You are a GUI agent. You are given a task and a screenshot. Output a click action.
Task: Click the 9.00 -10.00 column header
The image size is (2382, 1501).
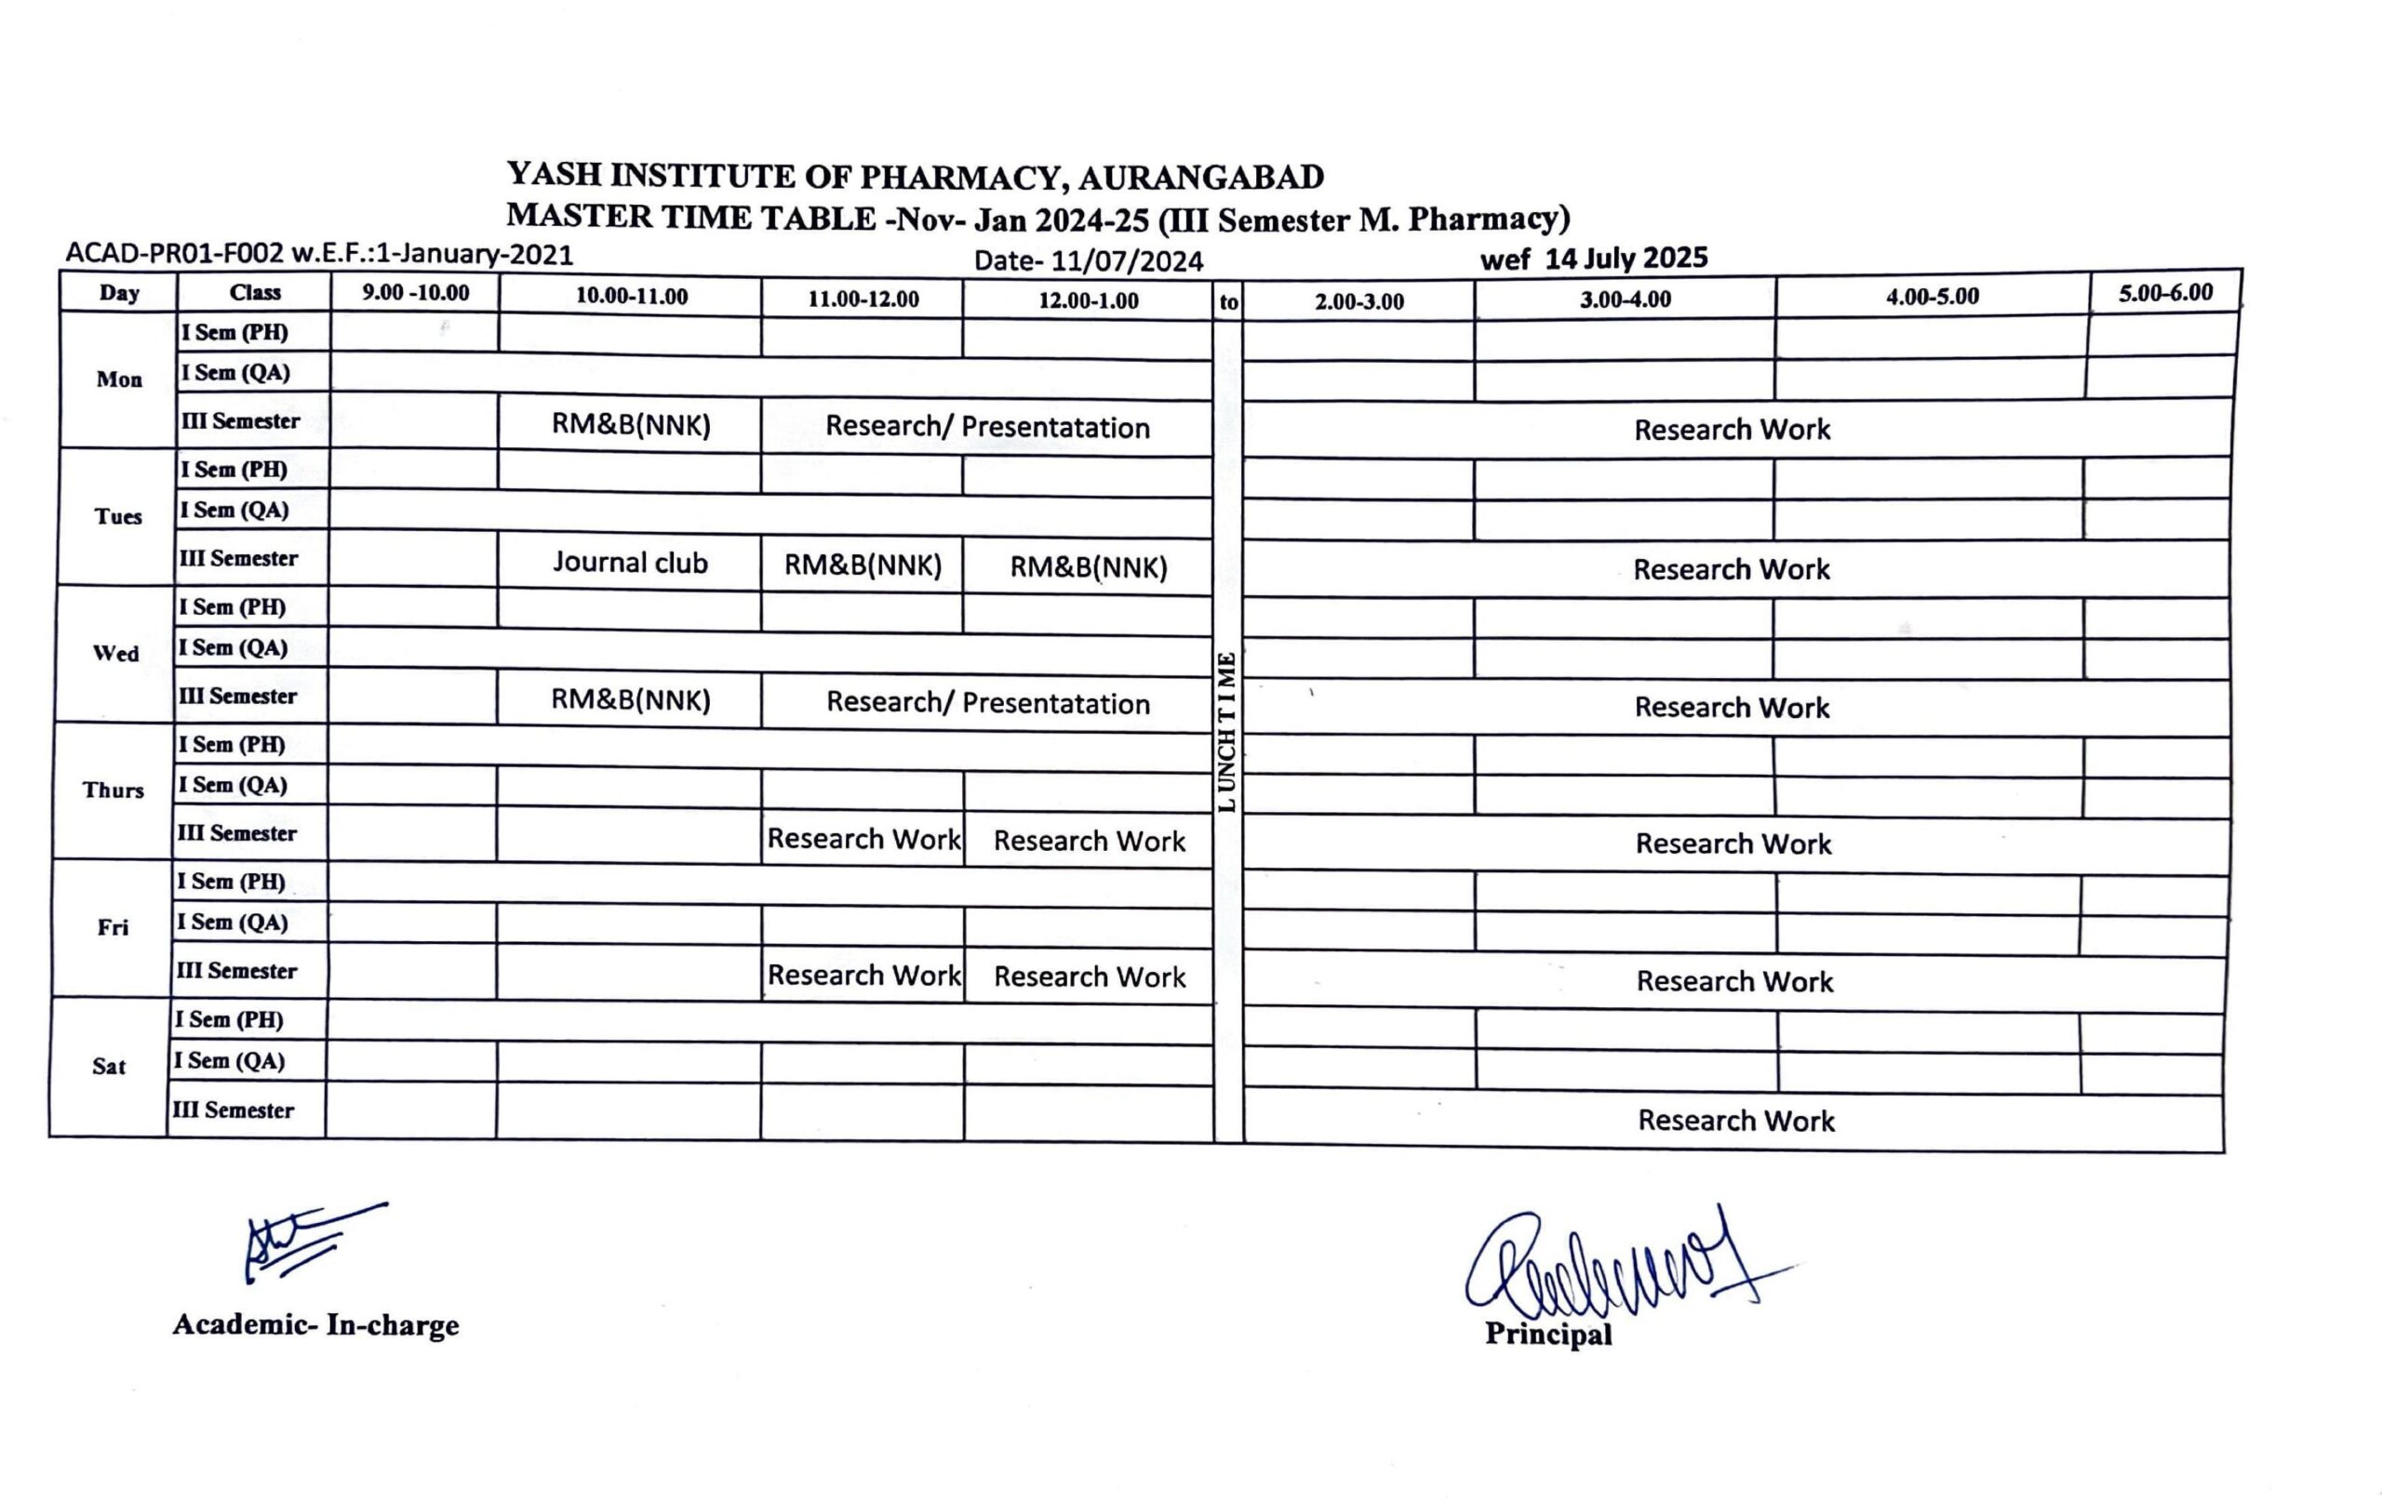(x=416, y=293)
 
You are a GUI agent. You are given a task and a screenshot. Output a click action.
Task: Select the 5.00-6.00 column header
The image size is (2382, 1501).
(x=2165, y=293)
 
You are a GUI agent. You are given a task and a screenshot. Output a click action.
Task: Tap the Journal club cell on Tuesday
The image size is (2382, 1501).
(x=630, y=563)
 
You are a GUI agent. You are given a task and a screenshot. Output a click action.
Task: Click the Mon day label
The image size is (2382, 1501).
(x=119, y=379)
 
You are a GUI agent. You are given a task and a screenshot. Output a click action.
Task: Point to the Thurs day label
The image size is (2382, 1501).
(x=113, y=790)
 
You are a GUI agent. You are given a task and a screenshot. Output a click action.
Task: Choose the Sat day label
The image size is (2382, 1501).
(x=109, y=1066)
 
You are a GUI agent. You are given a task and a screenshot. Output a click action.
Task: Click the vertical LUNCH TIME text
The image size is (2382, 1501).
(x=1226, y=732)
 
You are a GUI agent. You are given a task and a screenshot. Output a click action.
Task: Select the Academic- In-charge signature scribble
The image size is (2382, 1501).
(x=307, y=1240)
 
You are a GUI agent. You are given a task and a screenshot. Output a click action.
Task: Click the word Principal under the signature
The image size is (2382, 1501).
(x=1548, y=1334)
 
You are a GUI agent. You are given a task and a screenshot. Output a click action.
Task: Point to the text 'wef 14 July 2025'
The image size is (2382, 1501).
(x=1594, y=259)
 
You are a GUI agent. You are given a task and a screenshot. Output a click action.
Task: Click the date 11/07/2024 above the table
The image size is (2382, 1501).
(x=1127, y=261)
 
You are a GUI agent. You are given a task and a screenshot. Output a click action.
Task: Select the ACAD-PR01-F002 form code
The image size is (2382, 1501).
(x=174, y=254)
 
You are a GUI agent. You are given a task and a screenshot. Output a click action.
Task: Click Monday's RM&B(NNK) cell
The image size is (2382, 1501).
(x=630, y=425)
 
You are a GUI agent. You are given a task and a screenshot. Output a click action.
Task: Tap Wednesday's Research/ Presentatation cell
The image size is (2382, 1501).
(x=987, y=703)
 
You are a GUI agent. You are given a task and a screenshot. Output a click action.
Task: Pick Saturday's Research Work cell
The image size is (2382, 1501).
(x=1735, y=1121)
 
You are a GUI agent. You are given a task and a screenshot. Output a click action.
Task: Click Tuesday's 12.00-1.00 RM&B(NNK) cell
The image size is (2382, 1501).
(x=1088, y=567)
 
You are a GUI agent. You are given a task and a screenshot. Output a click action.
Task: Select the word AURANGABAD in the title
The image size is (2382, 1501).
(x=1201, y=178)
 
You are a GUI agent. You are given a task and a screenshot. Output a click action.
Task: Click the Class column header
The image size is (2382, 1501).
(x=254, y=293)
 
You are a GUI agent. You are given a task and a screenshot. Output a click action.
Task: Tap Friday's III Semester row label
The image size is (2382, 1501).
(x=237, y=971)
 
